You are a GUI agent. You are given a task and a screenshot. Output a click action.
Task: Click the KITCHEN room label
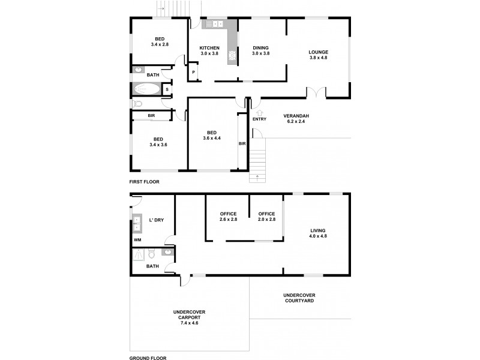click(x=209, y=48)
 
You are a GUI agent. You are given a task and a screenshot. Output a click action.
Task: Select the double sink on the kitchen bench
click(x=213, y=25)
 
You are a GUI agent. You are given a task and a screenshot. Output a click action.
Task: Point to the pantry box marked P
click(x=193, y=73)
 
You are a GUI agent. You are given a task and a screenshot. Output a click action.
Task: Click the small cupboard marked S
click(x=167, y=90)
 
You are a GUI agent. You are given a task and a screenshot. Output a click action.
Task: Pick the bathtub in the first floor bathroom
click(x=146, y=90)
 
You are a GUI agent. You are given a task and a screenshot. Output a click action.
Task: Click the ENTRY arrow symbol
click(x=259, y=112)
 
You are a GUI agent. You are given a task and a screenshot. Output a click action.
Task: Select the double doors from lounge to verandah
click(x=316, y=92)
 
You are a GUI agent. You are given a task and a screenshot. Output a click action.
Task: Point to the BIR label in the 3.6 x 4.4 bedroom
click(x=242, y=144)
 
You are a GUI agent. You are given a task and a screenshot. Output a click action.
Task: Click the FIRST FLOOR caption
click(x=144, y=181)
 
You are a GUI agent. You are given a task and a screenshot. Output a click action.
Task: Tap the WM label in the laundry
click(x=137, y=240)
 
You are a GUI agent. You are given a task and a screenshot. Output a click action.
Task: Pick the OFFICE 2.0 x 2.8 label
click(x=266, y=217)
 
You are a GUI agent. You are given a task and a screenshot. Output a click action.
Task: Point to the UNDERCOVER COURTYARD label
click(x=299, y=298)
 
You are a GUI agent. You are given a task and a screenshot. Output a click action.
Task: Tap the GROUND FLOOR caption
click(x=147, y=357)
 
